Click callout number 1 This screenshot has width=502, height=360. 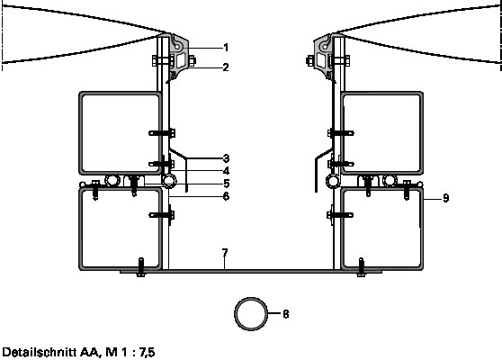[x=226, y=48]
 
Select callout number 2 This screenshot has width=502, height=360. [x=226, y=67]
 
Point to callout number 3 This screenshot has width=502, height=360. [x=226, y=158]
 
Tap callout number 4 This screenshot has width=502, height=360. [x=226, y=171]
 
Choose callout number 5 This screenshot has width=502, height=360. [x=227, y=184]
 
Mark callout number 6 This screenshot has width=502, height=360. [x=226, y=196]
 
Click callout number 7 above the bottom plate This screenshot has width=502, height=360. [x=225, y=253]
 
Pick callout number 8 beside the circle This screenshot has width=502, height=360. [x=286, y=314]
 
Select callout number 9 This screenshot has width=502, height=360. [x=446, y=198]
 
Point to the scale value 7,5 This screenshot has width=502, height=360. [x=147, y=353]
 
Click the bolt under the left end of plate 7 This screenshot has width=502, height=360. [x=141, y=267]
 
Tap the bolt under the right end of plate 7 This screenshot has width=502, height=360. [x=361, y=267]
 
